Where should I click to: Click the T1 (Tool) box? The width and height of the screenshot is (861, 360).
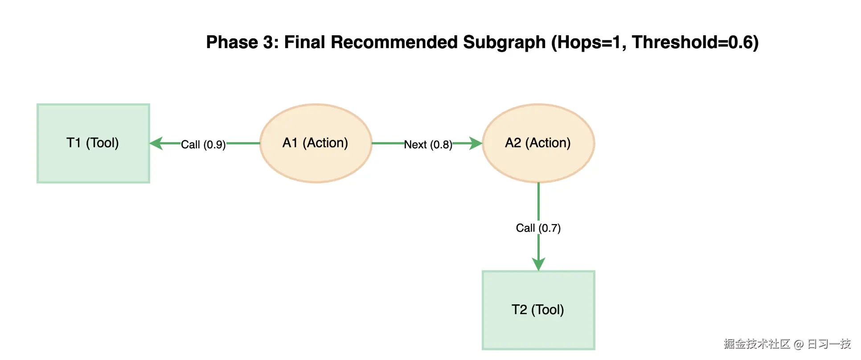(93, 143)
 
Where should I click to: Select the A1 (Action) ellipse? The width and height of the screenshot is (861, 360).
(316, 143)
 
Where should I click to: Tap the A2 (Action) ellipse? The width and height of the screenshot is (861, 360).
(538, 143)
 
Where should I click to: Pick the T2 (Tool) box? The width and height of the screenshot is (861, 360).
(538, 310)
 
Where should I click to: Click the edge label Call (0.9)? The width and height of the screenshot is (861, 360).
(203, 145)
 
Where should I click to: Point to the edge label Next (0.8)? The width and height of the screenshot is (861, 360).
(428, 145)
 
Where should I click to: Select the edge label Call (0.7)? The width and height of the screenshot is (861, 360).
(538, 228)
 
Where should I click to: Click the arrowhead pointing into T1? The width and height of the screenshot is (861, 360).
(156, 143)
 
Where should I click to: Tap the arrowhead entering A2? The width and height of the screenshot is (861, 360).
(476, 143)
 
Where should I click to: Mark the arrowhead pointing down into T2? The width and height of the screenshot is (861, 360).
(538, 264)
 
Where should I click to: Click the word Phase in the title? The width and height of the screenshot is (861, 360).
(232, 42)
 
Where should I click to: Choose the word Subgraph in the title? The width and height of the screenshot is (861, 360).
(504, 42)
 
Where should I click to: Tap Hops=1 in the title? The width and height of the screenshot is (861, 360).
(588, 42)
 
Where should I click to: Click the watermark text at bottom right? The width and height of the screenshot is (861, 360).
(787, 344)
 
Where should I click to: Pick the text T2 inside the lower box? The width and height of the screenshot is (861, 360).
(519, 310)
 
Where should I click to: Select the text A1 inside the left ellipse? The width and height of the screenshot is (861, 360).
(290, 143)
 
